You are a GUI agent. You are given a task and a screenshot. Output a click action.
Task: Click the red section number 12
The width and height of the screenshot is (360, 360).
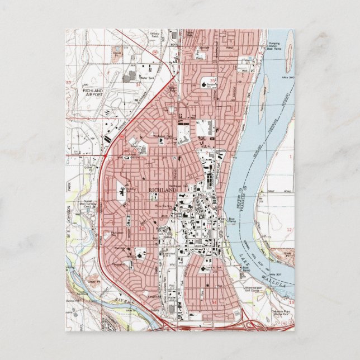[x=288, y=230]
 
